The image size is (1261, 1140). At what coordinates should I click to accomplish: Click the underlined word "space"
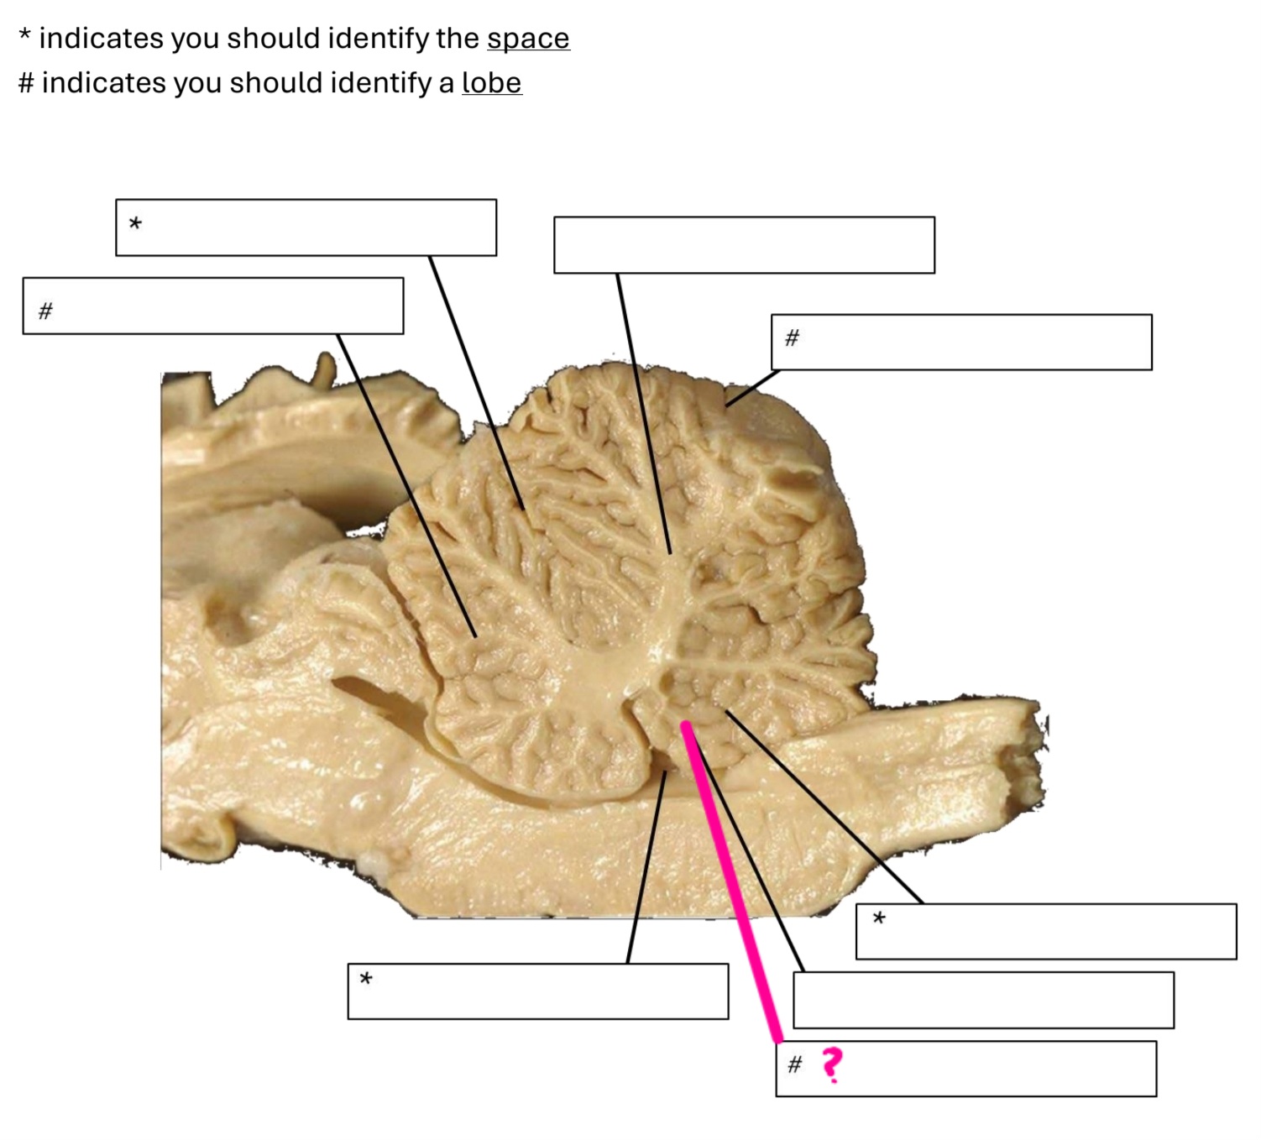pyautogui.click(x=527, y=39)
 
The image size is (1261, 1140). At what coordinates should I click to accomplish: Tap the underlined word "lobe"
pyautogui.click(x=491, y=83)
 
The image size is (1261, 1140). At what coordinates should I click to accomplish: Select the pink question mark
pyautogui.click(x=831, y=1064)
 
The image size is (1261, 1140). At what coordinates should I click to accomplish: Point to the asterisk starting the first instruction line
pyautogui.click(x=25, y=37)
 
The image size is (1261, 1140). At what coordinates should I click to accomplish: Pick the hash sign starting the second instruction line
pyautogui.click(x=26, y=83)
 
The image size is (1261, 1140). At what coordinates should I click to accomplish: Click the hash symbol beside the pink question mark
pyautogui.click(x=794, y=1065)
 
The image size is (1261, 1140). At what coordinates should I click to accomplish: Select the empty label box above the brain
pyautogui.click(x=743, y=245)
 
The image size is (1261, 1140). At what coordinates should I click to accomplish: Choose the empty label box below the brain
pyautogui.click(x=982, y=1000)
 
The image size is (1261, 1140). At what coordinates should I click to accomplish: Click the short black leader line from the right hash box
pyautogui.click(x=752, y=389)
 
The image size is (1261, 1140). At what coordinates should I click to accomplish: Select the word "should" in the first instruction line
pyautogui.click(x=273, y=39)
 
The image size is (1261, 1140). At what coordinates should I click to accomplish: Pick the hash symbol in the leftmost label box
pyautogui.click(x=45, y=311)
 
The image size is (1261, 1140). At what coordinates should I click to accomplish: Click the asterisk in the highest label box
pyautogui.click(x=135, y=224)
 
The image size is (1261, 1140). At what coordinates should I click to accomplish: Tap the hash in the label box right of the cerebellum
pyautogui.click(x=791, y=338)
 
